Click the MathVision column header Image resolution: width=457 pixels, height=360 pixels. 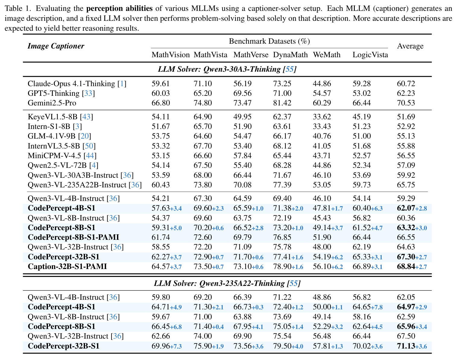(171, 55)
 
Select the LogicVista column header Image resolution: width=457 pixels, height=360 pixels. (370, 55)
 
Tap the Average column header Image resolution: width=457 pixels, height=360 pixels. (410, 46)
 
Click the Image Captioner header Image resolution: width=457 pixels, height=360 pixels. (56, 46)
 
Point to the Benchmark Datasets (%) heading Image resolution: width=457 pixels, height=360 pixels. (269, 41)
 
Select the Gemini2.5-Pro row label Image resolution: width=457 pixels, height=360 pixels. (52, 103)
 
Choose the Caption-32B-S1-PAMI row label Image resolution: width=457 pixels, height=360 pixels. (67, 266)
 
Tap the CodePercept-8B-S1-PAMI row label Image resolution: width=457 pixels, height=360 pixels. (73, 237)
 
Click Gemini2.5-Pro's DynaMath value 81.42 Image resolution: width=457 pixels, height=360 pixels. (282, 103)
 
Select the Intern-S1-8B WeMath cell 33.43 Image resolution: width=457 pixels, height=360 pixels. (322, 126)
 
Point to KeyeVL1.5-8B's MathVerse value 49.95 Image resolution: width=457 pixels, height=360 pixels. (242, 117)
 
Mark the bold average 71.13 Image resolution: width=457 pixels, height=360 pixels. (406, 346)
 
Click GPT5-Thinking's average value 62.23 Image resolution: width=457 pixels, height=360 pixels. (406, 93)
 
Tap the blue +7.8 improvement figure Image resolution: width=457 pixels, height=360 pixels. (377, 307)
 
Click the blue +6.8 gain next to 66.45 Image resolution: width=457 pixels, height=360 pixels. (176, 327)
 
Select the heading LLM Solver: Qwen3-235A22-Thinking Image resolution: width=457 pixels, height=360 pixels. (227, 283)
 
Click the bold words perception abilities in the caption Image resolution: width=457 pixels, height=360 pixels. (119, 8)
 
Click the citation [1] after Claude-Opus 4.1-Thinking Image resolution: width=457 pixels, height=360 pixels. (122, 84)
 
